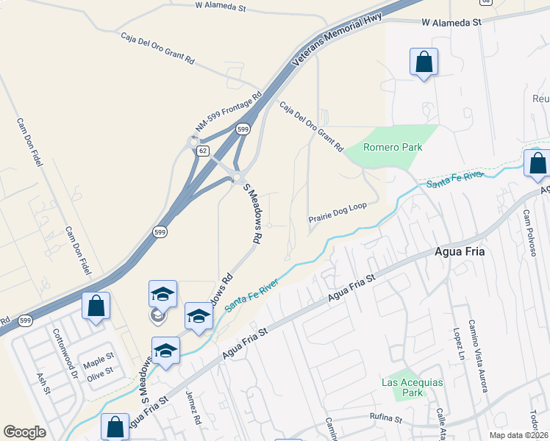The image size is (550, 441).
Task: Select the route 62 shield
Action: (x=201, y=150)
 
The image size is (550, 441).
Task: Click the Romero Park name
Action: (x=393, y=147)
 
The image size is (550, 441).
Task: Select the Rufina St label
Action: (x=387, y=419)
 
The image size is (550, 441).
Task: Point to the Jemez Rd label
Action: (x=194, y=409)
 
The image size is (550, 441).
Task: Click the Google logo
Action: (x=24, y=432)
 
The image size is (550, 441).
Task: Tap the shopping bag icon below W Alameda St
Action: (x=424, y=62)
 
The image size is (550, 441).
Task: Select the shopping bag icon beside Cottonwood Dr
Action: (x=96, y=306)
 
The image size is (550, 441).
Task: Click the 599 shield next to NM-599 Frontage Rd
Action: (x=243, y=129)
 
